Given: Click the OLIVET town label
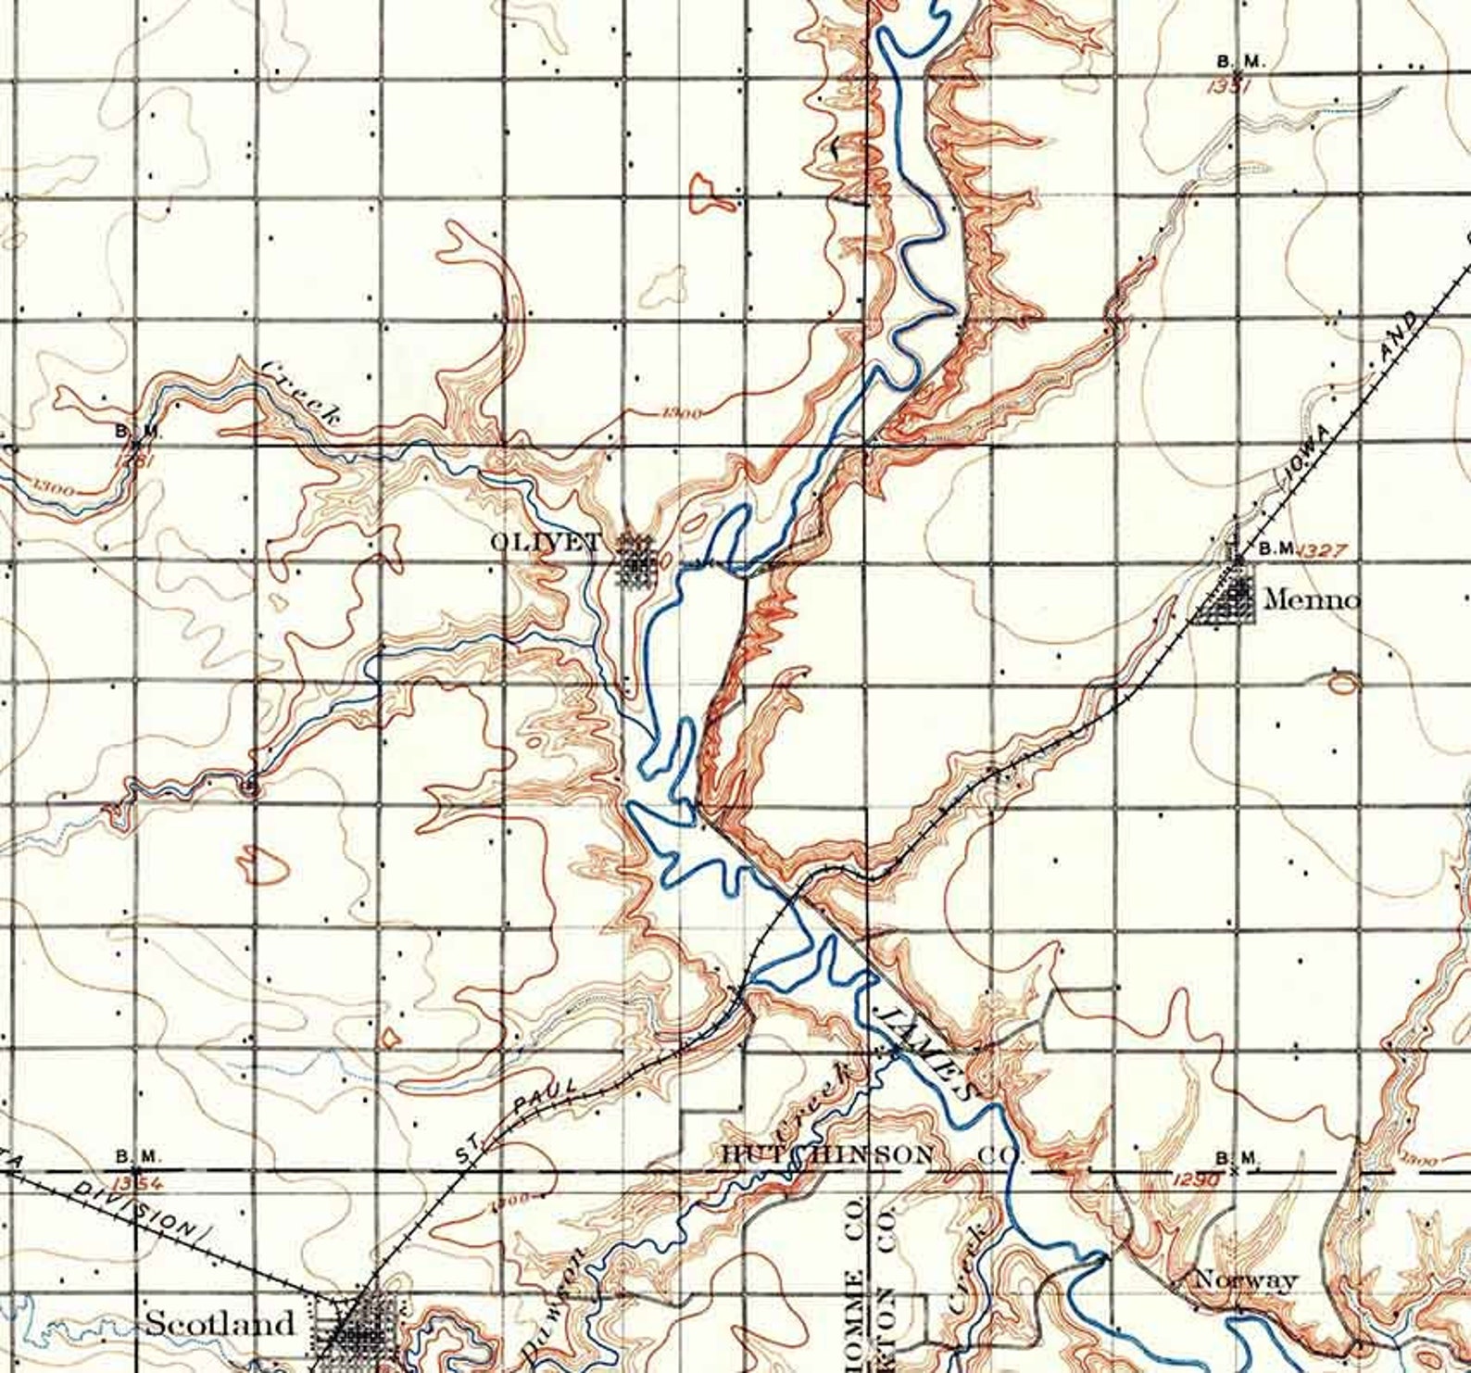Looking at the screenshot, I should pyautogui.click(x=545, y=542).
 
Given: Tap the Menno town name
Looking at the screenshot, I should pyautogui.click(x=1312, y=600).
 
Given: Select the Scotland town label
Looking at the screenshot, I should pyautogui.click(x=220, y=1323).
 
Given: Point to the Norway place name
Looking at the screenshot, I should pyautogui.click(x=1246, y=1280).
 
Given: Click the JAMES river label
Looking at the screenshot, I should pyautogui.click(x=927, y=1048).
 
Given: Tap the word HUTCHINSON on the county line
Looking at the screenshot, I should pyautogui.click(x=828, y=1155).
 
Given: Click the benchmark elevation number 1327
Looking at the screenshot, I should pyautogui.click(x=1321, y=550).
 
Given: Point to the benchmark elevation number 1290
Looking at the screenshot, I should pyautogui.click(x=1193, y=1180).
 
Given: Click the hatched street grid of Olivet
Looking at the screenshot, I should pyautogui.click(x=636, y=560).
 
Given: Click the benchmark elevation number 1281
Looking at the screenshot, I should pyautogui.click(x=135, y=458).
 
